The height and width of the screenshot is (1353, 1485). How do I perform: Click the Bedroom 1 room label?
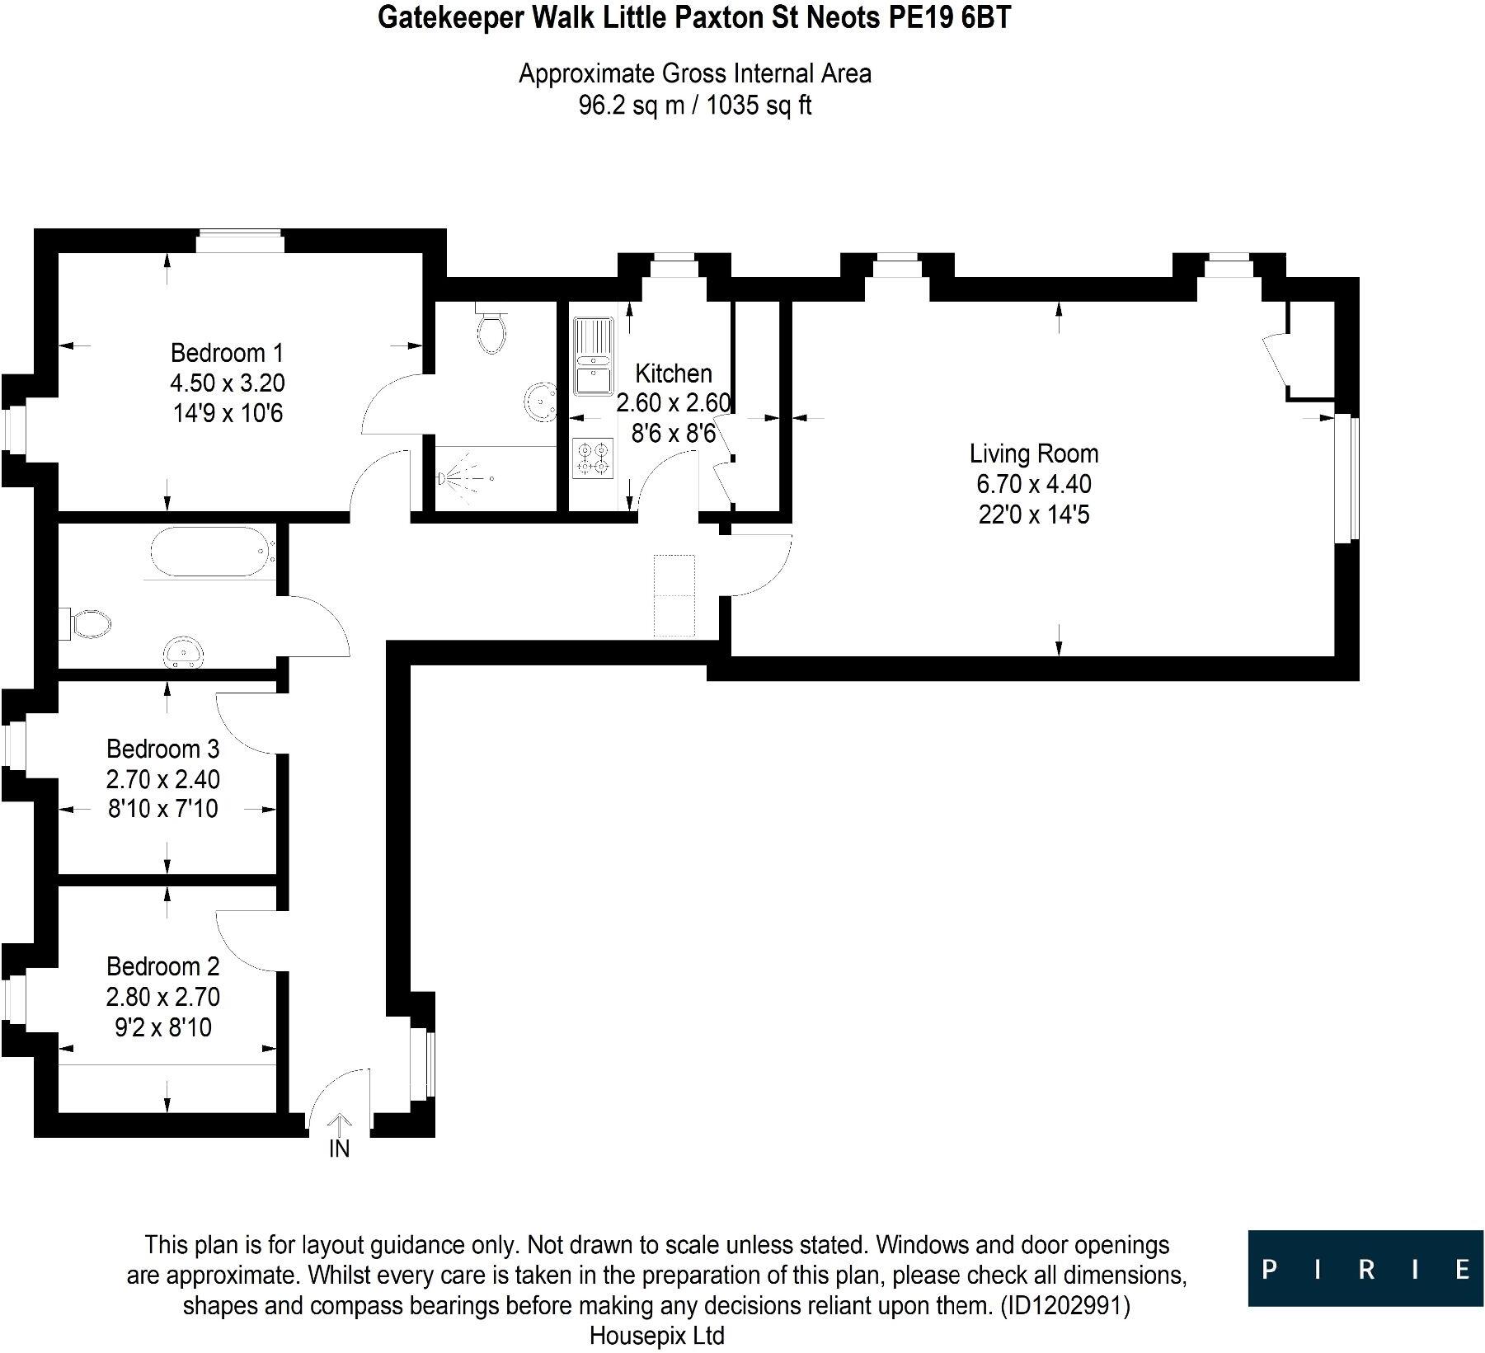pyautogui.click(x=227, y=354)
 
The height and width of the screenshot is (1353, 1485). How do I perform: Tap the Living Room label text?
pyautogui.click(x=1033, y=453)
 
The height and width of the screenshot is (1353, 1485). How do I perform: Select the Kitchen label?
pyautogui.click(x=673, y=373)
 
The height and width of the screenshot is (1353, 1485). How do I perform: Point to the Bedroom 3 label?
pyautogui.click(x=163, y=749)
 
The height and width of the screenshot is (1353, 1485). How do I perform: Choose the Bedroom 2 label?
pyautogui.click(x=163, y=965)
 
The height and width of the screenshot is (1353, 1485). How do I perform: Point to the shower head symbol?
pyautogui.click(x=446, y=477)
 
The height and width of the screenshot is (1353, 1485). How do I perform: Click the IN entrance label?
pyautogui.click(x=340, y=1149)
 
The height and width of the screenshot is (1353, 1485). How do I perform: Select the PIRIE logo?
pyautogui.click(x=1366, y=1268)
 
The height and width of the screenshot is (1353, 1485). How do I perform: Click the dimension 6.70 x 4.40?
pyautogui.click(x=1033, y=484)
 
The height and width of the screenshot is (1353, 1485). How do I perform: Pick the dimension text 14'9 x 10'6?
pyautogui.click(x=227, y=413)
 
